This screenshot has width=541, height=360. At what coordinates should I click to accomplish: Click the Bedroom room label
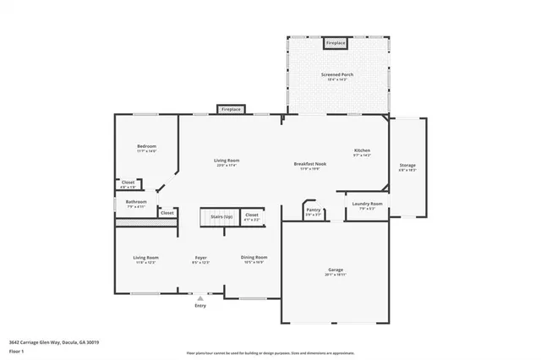click(x=146, y=146)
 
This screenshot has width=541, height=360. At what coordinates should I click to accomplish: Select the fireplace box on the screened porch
click(x=336, y=42)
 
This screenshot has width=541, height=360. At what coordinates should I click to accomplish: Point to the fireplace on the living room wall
click(x=230, y=109)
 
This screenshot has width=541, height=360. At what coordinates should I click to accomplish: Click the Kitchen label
click(x=362, y=150)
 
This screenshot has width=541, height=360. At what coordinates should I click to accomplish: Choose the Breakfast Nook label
click(x=310, y=163)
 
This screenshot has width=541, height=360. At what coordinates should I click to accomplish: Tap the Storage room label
click(x=407, y=165)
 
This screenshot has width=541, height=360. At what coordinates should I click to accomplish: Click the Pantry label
click(x=314, y=210)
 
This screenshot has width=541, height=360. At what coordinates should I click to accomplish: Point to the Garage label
click(x=336, y=270)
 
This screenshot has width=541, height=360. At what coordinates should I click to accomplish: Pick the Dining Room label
click(x=254, y=257)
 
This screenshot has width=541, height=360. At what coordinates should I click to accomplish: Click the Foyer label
click(x=201, y=257)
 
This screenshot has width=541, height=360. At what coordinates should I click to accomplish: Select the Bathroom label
click(x=136, y=202)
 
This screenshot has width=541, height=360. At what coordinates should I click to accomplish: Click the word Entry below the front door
click(x=200, y=306)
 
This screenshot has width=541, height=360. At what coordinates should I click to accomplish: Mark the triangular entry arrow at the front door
click(x=200, y=298)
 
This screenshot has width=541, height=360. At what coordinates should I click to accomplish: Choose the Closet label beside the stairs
click(x=252, y=215)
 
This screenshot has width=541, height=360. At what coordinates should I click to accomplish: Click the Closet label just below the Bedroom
click(x=128, y=182)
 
